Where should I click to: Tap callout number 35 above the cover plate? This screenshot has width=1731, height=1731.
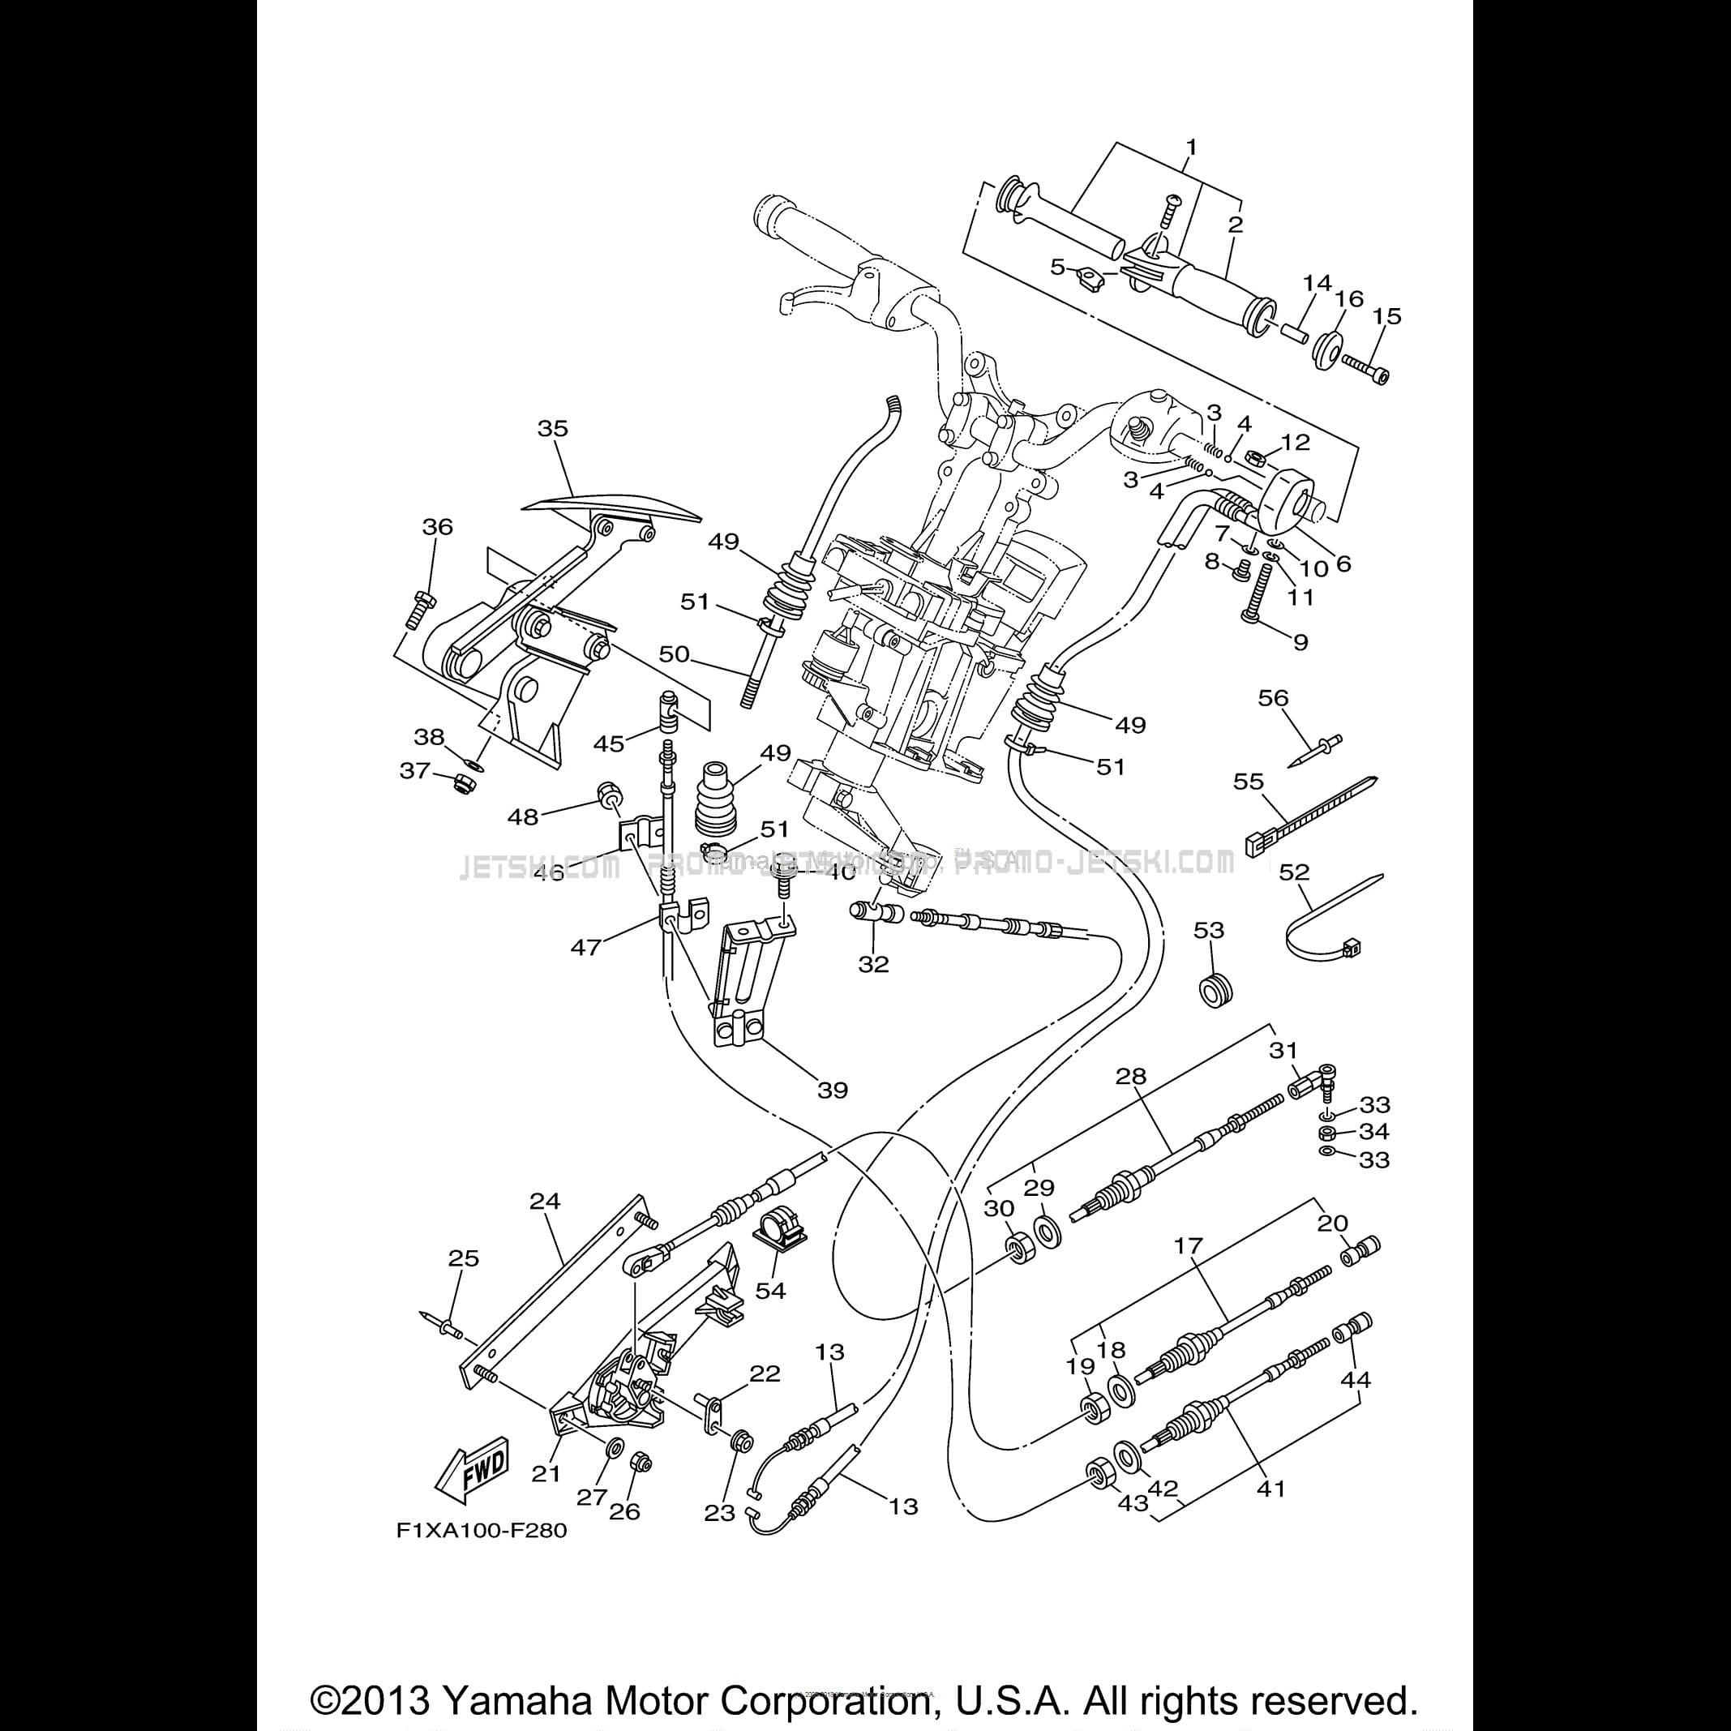pos(553,428)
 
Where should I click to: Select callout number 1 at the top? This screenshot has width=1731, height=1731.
pos(1192,146)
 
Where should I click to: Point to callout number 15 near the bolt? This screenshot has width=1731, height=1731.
pos(1387,316)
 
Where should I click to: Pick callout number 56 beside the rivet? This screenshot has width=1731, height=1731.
pos(1273,698)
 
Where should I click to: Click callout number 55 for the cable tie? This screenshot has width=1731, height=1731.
pos(1248,782)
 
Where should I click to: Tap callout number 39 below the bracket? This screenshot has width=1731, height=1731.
pos(833,1090)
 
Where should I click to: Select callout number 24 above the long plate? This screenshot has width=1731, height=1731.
pos(545,1201)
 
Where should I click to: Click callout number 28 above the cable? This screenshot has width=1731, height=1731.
pos(1131,1076)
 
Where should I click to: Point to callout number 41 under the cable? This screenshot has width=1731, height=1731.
pos(1271,1489)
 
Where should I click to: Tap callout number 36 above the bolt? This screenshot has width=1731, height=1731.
pos(437,527)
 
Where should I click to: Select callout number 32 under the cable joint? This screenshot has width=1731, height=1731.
pos(873,964)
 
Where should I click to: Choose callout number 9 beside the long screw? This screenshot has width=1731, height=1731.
pos(1300,641)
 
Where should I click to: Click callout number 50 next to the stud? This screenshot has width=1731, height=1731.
pos(674,654)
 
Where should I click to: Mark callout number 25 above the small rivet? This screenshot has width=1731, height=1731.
pos(463,1258)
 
